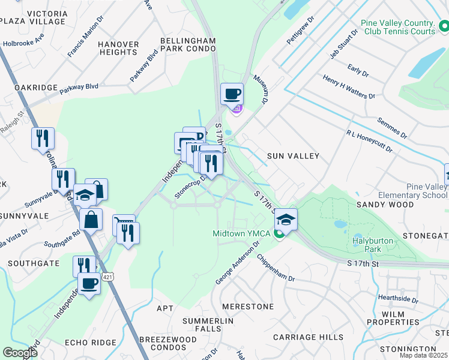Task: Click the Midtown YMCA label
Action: tap(243, 233)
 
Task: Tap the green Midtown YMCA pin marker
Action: tap(278, 233)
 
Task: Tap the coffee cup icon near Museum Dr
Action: tap(232, 94)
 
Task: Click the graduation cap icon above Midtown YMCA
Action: tap(286, 220)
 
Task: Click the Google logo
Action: tap(20, 352)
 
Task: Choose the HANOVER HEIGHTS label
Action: tap(118, 48)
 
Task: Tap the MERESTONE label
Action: tap(248, 306)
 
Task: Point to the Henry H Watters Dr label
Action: tap(348, 87)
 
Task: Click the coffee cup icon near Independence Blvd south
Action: tap(89, 283)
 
